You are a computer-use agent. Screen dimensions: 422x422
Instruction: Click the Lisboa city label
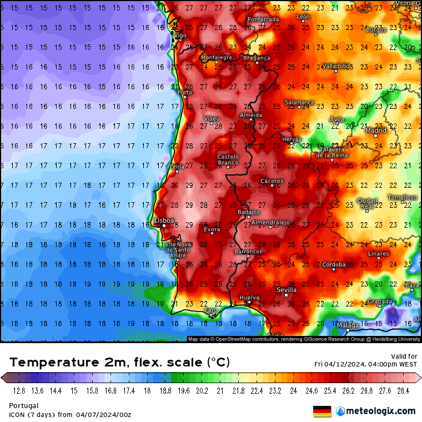pos(164,220)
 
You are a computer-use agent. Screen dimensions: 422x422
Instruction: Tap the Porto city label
pos(184,93)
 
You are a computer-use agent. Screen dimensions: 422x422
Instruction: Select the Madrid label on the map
pos(376,131)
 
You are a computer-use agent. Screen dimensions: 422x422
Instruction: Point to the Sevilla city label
pos(287,290)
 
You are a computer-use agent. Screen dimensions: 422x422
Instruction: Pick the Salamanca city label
pos(299,103)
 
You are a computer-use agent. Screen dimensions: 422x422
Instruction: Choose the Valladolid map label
pos(336,66)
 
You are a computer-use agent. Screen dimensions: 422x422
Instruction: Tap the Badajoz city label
pos(248,212)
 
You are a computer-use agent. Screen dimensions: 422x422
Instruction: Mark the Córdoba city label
pos(334,264)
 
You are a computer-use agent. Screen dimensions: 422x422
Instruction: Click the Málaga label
pos(348,325)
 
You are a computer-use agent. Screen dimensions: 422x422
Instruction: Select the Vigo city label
pos(180,36)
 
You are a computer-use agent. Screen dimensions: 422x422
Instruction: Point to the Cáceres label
pos(272,181)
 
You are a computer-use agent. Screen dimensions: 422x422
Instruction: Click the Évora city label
pos(212,229)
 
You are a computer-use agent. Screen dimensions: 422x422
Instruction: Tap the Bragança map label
pos(257,58)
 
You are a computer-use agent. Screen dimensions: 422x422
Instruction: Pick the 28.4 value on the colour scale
pos(403,391)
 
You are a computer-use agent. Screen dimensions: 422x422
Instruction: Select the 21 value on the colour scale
pos(220,391)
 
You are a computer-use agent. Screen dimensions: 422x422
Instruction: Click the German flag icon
pos(322,411)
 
